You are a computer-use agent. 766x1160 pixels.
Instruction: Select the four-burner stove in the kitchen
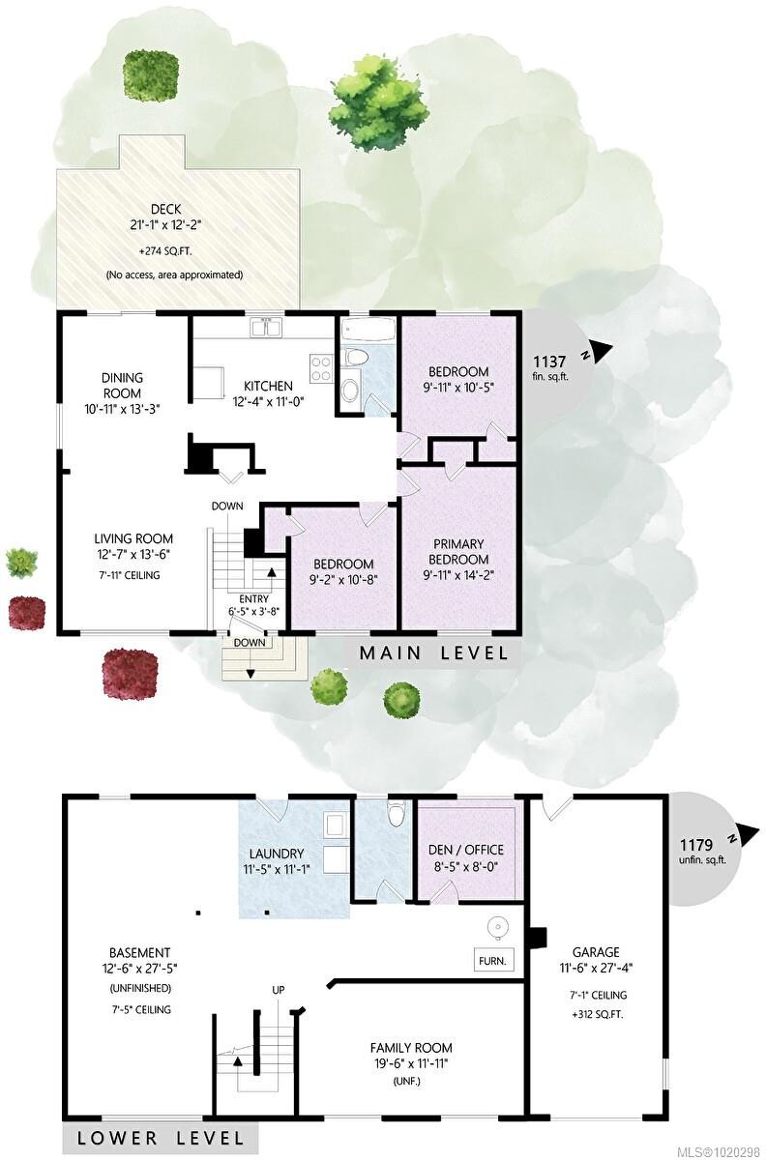click(x=320, y=367)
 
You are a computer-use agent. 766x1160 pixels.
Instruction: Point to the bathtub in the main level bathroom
click(x=368, y=331)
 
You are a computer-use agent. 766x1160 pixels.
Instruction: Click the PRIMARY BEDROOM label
click(x=458, y=552)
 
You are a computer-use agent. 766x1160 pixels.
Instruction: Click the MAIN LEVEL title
click(x=433, y=653)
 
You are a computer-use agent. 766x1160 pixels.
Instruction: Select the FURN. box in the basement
click(x=491, y=961)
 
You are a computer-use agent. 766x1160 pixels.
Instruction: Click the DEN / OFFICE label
click(x=467, y=850)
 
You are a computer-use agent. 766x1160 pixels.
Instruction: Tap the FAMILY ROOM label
click(x=411, y=1048)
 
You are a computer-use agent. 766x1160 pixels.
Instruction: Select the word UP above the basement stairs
click(x=279, y=990)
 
